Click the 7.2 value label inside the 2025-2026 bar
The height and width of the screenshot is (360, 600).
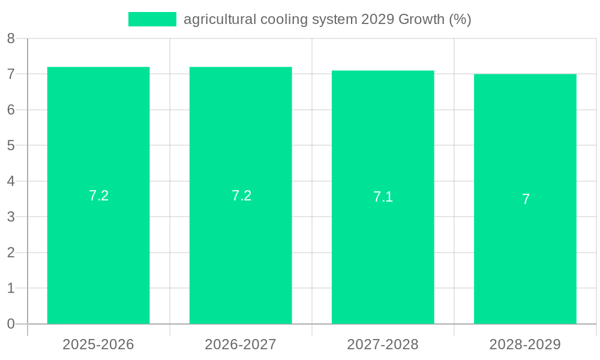(98, 196)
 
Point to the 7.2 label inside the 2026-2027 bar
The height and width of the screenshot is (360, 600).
(241, 196)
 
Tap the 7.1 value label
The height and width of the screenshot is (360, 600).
(383, 197)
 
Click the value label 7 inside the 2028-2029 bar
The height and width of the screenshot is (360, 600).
(526, 199)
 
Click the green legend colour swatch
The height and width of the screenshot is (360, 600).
(152, 19)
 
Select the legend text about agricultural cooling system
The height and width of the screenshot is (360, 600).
(327, 19)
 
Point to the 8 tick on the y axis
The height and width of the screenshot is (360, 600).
(11, 39)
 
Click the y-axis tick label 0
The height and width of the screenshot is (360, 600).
(11, 324)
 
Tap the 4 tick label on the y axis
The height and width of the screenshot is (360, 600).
(11, 181)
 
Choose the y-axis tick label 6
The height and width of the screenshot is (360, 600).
(11, 110)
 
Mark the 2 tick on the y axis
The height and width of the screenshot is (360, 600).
(11, 253)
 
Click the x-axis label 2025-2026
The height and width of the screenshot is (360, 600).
(98, 344)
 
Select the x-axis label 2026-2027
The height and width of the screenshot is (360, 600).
(241, 344)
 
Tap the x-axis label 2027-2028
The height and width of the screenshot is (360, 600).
(383, 344)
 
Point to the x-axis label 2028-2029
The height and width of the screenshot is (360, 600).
(525, 344)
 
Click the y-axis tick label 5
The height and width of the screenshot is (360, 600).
(11, 146)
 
